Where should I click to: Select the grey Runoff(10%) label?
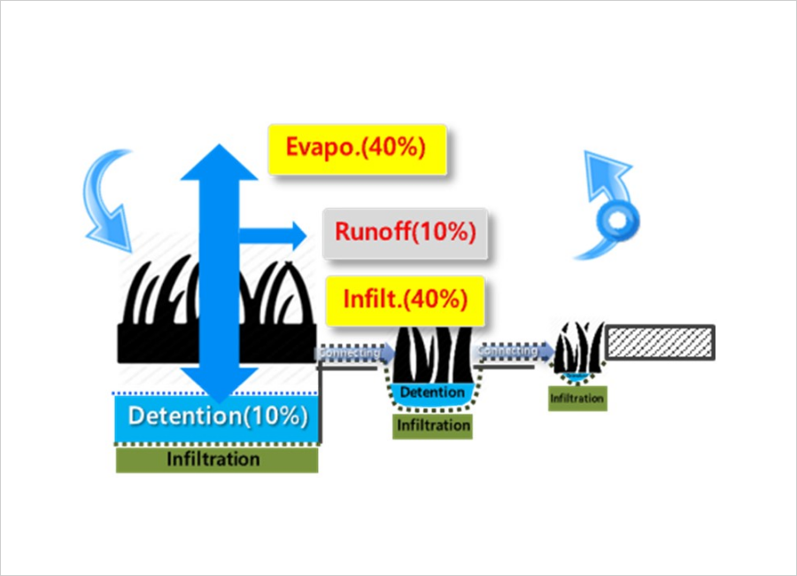[x=405, y=233]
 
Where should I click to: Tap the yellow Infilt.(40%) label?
[x=405, y=299]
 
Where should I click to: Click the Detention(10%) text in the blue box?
[x=217, y=416]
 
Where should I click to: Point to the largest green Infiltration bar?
[x=216, y=459]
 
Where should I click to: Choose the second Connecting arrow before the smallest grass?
[x=512, y=351]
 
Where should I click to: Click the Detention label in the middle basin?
[x=431, y=392]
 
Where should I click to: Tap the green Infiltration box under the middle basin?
[x=432, y=425]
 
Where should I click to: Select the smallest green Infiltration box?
[x=576, y=399]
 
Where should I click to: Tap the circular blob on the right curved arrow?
[x=616, y=219]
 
